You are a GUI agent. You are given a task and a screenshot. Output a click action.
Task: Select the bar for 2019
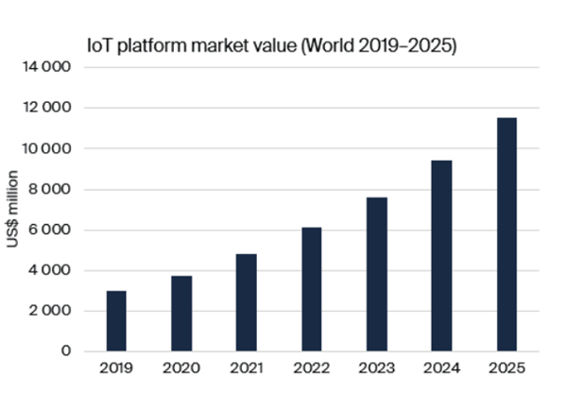116,321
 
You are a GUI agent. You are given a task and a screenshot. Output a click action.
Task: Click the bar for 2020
181,314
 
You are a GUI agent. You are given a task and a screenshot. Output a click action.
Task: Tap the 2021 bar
247,302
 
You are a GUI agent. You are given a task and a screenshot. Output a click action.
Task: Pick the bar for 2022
312,289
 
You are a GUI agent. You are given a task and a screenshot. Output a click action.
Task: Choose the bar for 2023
376,274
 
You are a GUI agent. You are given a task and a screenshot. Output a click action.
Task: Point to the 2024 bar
441,256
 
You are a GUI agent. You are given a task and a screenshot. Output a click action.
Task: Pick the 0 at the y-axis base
66,351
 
